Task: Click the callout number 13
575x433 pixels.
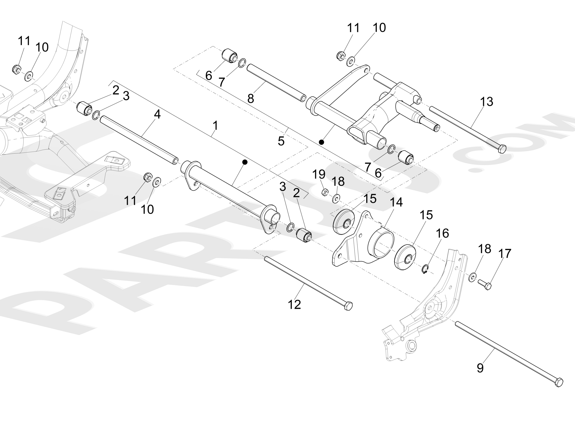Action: (486, 102)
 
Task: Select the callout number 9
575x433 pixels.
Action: (480, 368)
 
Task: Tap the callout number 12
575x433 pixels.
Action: (294, 304)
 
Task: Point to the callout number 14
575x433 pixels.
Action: (396, 202)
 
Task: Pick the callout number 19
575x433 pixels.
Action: (319, 174)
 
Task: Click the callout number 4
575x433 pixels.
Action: (157, 114)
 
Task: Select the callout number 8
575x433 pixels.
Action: (251, 99)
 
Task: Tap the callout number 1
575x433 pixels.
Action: (215, 125)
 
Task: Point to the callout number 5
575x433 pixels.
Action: (281, 141)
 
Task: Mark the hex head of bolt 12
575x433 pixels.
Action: (348, 306)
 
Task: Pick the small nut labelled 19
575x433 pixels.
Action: (325, 193)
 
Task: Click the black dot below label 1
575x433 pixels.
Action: (244, 162)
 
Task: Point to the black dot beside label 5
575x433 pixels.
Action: (322, 142)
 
